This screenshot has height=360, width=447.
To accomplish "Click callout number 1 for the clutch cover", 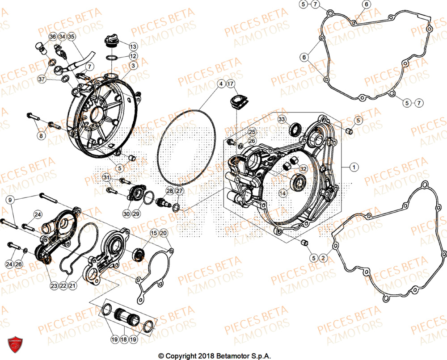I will point(354,167).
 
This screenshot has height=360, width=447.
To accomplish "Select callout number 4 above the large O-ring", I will point(220,84).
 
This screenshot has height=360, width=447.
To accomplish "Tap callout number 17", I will point(230,84).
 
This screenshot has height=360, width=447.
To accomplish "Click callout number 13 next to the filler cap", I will point(133,46).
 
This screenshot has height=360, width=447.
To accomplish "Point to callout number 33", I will point(282,119).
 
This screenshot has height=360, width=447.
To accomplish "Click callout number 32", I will point(303,169).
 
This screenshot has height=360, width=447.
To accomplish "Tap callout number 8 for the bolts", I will point(41,135).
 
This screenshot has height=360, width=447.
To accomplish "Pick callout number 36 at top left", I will point(52,37).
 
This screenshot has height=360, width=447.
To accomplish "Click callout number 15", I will point(153,233).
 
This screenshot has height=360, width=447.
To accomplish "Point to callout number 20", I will point(163,233).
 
